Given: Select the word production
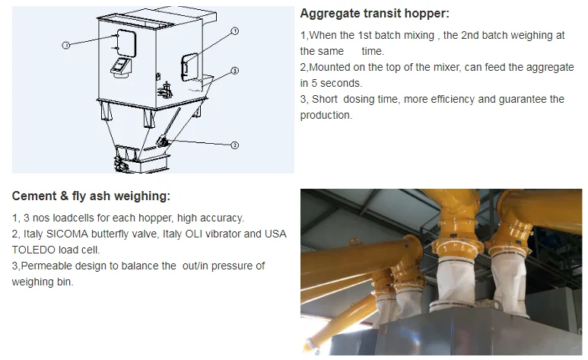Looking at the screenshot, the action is click(x=326, y=115).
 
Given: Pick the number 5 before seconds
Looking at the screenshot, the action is click(x=314, y=83).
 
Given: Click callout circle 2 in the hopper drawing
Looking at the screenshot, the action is click(x=235, y=145).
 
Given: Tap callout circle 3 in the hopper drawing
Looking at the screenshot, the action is click(x=235, y=71).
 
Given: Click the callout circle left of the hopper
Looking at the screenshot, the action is click(x=66, y=45).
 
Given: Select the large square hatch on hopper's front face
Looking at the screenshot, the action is click(x=126, y=43).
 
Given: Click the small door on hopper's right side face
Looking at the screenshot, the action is click(x=189, y=67).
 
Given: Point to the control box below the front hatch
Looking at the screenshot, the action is click(x=121, y=68).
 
